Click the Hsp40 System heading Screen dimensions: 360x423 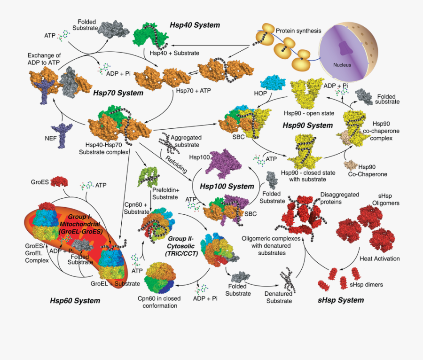click(195, 25)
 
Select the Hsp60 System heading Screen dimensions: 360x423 click(75, 300)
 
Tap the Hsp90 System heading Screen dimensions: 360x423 click(307, 125)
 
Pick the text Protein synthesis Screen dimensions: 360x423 click(298, 31)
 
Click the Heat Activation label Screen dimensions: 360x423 click(379, 258)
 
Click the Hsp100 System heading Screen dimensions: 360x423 click(227, 186)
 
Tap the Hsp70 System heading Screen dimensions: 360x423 click(118, 93)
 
